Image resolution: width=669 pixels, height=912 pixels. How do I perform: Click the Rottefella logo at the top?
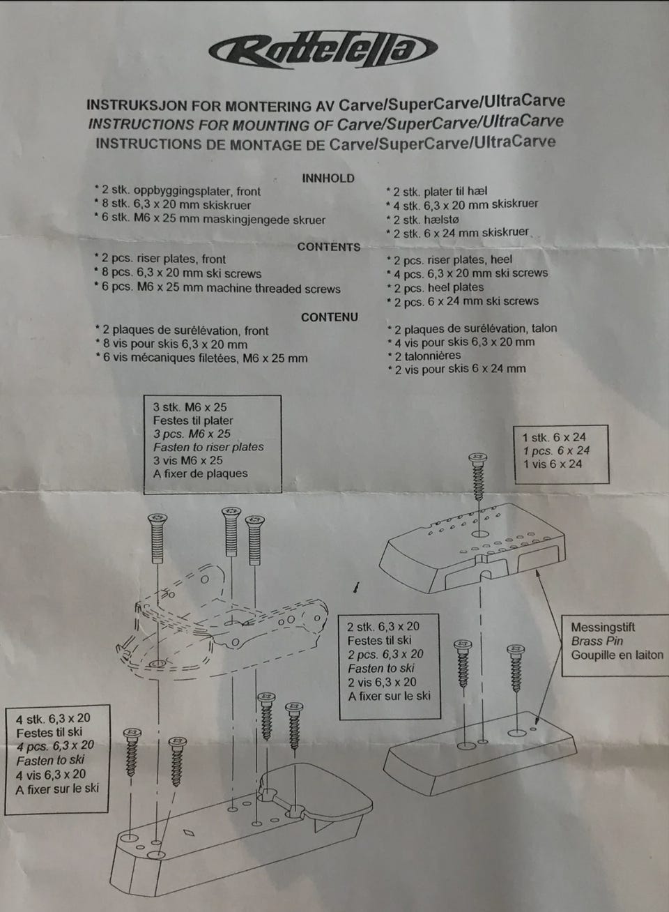323,50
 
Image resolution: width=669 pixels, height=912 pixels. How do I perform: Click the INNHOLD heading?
328,178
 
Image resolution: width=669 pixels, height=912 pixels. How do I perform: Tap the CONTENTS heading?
329,247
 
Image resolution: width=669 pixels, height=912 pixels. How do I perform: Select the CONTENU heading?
330,317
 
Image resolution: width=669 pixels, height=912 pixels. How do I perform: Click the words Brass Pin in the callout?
597,641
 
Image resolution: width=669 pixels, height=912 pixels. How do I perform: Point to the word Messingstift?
603,627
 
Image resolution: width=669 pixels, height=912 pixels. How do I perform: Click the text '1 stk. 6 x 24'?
554,438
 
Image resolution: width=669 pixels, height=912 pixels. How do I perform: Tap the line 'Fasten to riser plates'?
208,447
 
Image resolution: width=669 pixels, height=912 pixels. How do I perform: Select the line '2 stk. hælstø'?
422,220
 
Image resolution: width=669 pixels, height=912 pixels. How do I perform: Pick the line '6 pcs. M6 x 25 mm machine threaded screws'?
217,288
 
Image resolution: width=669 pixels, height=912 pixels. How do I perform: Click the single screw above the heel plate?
478,477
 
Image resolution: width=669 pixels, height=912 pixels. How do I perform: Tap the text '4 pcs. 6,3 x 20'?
55,745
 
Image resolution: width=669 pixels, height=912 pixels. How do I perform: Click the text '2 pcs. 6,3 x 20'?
385,654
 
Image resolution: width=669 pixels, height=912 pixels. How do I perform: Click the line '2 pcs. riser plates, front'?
160,259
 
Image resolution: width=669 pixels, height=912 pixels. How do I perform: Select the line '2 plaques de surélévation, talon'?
472,328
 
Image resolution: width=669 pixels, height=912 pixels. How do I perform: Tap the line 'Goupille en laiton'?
617,655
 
